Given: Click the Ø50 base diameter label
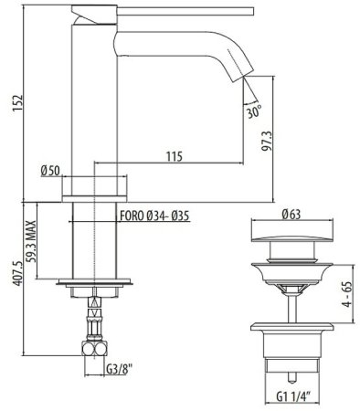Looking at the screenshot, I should click(x=52, y=171).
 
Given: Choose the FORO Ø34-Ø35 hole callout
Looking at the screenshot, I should click(x=154, y=217).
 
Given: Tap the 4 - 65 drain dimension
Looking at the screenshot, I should click(x=345, y=296).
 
